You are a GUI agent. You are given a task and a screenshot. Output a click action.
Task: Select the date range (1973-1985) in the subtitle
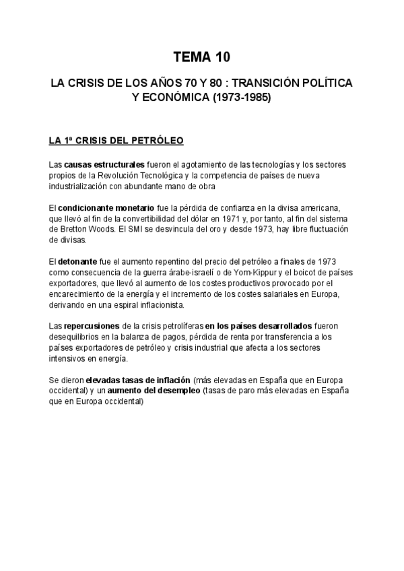point(241,97)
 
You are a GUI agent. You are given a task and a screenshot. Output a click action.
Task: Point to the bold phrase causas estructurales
point(104,164)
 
